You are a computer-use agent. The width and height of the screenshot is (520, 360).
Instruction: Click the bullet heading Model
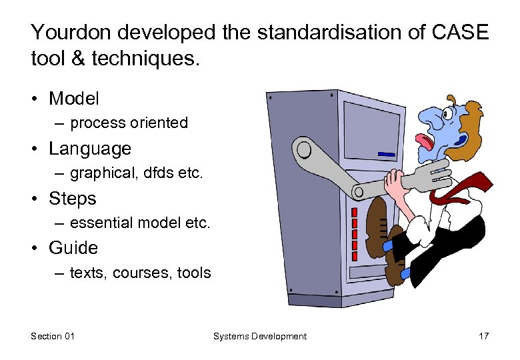pyautogui.click(x=73, y=99)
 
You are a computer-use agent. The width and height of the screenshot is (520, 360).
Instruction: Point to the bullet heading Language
pyautogui.click(x=89, y=148)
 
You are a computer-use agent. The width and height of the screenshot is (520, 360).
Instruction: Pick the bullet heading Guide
pyautogui.click(x=73, y=248)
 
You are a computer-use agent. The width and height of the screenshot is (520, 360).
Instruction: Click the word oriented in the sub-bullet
pyautogui.click(x=158, y=123)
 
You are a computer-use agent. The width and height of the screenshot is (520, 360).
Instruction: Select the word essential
pyautogui.click(x=101, y=223)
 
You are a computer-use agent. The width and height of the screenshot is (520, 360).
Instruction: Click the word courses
pyautogui.click(x=145, y=273)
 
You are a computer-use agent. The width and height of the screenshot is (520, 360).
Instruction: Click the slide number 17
pyautogui.click(x=483, y=336)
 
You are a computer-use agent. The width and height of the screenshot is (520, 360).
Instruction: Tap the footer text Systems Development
pyautogui.click(x=259, y=336)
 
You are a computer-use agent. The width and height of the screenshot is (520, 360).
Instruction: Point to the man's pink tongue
pyautogui.click(x=424, y=141)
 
